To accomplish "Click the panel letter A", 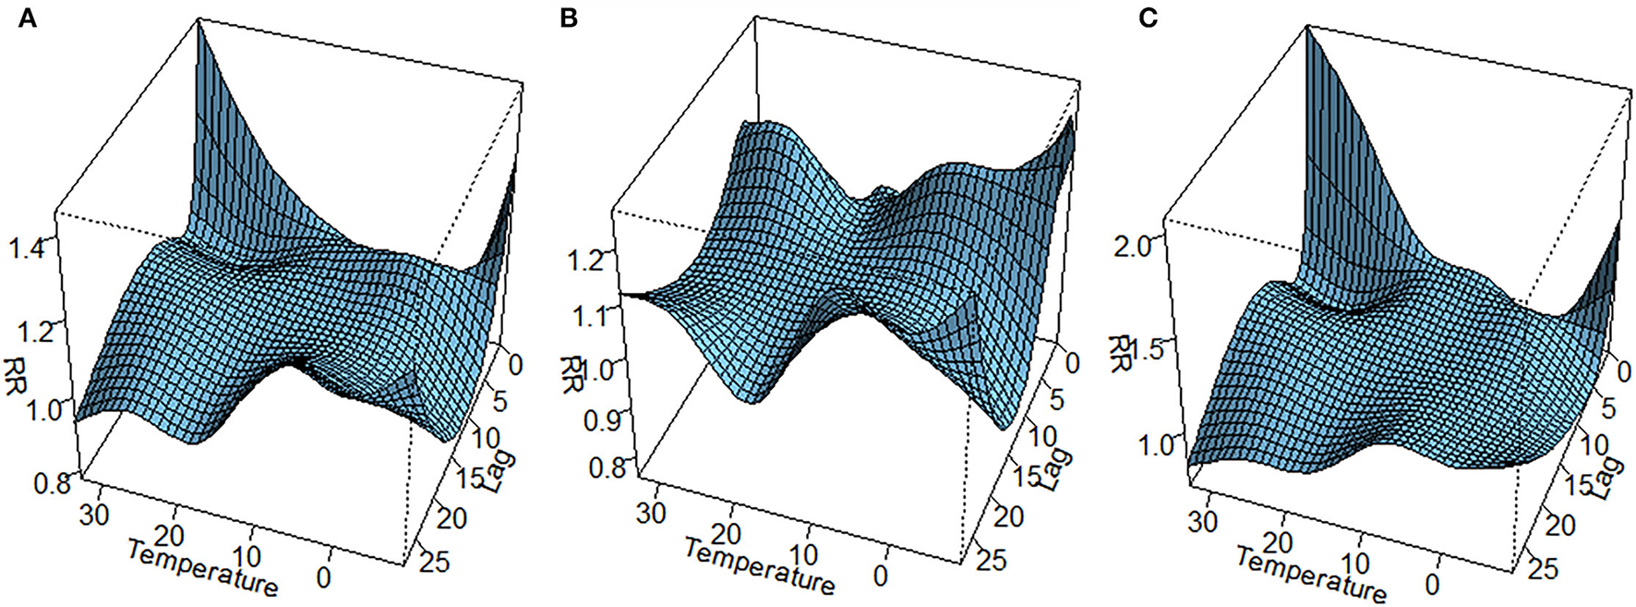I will pos(28,18).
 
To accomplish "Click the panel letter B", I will pos(569,18).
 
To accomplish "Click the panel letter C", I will pos(1148,18).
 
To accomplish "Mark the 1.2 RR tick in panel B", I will pos(587,260).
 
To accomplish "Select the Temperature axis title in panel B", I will pos(759,565).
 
